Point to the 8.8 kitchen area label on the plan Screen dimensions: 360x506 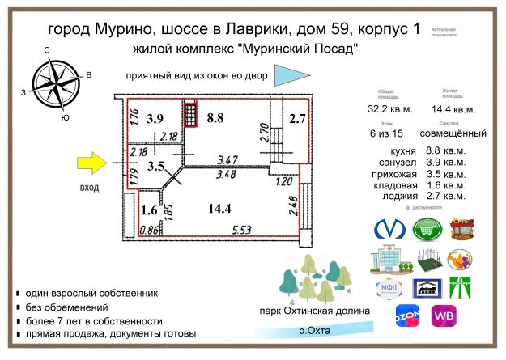click(215, 117)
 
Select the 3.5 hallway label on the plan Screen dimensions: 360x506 click(156, 167)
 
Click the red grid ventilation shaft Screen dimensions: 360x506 click(190, 115)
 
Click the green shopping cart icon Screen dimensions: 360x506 click(427, 229)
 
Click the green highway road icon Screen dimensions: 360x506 click(461, 288)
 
